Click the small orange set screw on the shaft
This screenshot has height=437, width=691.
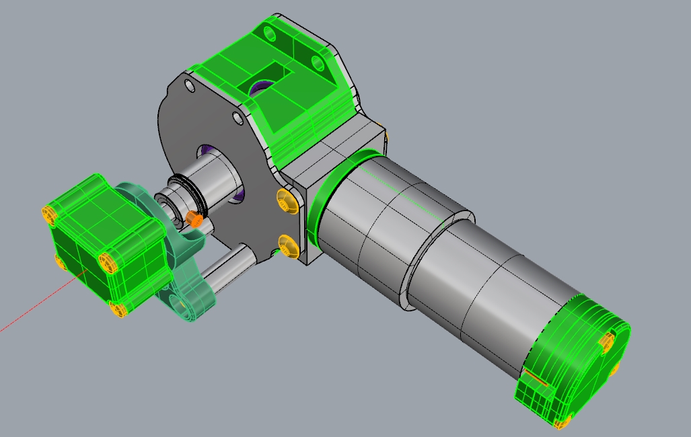point(194,218)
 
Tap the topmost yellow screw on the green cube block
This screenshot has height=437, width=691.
point(49,214)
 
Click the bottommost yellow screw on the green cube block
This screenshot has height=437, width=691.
point(118,309)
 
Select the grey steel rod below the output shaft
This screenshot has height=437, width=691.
point(229,269)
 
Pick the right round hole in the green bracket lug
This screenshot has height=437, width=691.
point(316,63)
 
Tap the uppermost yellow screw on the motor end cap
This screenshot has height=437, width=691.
point(608,342)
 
